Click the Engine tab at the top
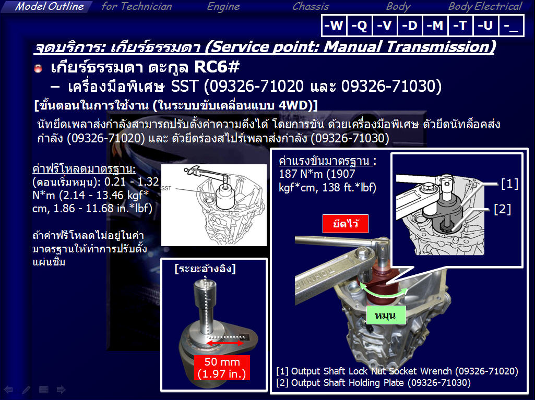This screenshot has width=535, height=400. click(223, 6)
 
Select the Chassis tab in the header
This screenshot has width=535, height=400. click(311, 6)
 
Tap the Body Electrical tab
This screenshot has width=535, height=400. click(485, 6)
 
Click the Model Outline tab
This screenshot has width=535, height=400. click(50, 6)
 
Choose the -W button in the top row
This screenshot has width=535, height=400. click(334, 25)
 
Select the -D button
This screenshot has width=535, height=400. click(410, 25)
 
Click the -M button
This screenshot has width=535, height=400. click(435, 25)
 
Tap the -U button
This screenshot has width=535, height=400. click(485, 25)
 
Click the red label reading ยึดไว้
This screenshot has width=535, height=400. click(346, 224)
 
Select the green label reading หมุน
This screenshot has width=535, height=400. click(386, 315)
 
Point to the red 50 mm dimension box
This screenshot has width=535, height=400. click(222, 368)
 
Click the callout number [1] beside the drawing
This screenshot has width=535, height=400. click(509, 184)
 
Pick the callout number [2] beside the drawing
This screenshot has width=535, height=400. click(502, 209)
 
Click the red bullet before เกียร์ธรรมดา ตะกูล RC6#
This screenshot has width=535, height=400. click(38, 68)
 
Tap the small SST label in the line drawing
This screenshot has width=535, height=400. click(167, 188)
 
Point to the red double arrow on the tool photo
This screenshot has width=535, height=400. click(225, 343)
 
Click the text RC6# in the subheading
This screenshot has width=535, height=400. click(217, 67)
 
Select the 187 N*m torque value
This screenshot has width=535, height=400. click(300, 174)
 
